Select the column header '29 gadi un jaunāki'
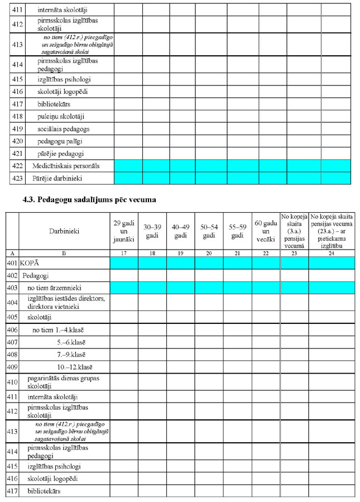click(x=124, y=231)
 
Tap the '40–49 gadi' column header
click(x=180, y=231)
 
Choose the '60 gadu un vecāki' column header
click(x=265, y=231)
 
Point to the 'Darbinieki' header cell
click(x=64, y=231)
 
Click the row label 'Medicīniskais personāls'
click(x=66, y=166)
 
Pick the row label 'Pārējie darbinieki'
click(x=58, y=178)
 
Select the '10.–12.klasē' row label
click(x=70, y=367)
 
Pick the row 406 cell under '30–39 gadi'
click(x=152, y=329)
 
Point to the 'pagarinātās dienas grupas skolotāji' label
click(x=63, y=383)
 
